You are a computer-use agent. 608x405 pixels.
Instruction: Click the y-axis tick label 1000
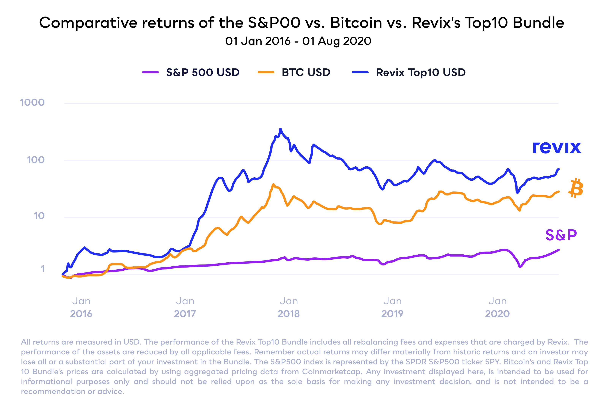point(32,102)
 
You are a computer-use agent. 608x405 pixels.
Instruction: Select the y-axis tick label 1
point(43,269)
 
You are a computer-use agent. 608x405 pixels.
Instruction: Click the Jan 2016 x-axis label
point(81,307)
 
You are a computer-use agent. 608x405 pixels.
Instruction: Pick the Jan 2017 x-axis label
point(185,307)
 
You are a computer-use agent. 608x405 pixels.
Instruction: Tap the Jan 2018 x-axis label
point(289,307)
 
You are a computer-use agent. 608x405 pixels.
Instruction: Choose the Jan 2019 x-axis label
point(392,307)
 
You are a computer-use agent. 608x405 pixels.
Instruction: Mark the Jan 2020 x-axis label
point(497,307)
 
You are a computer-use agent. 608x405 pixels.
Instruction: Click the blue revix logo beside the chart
point(557,148)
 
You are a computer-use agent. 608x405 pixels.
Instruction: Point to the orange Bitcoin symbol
point(576,188)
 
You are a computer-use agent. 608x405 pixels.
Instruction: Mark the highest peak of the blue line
point(280,129)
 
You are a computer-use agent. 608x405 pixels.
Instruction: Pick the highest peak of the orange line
point(274,184)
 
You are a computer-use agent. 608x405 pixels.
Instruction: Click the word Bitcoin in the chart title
point(356,23)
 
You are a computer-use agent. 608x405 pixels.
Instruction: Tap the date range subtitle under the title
point(298,41)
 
